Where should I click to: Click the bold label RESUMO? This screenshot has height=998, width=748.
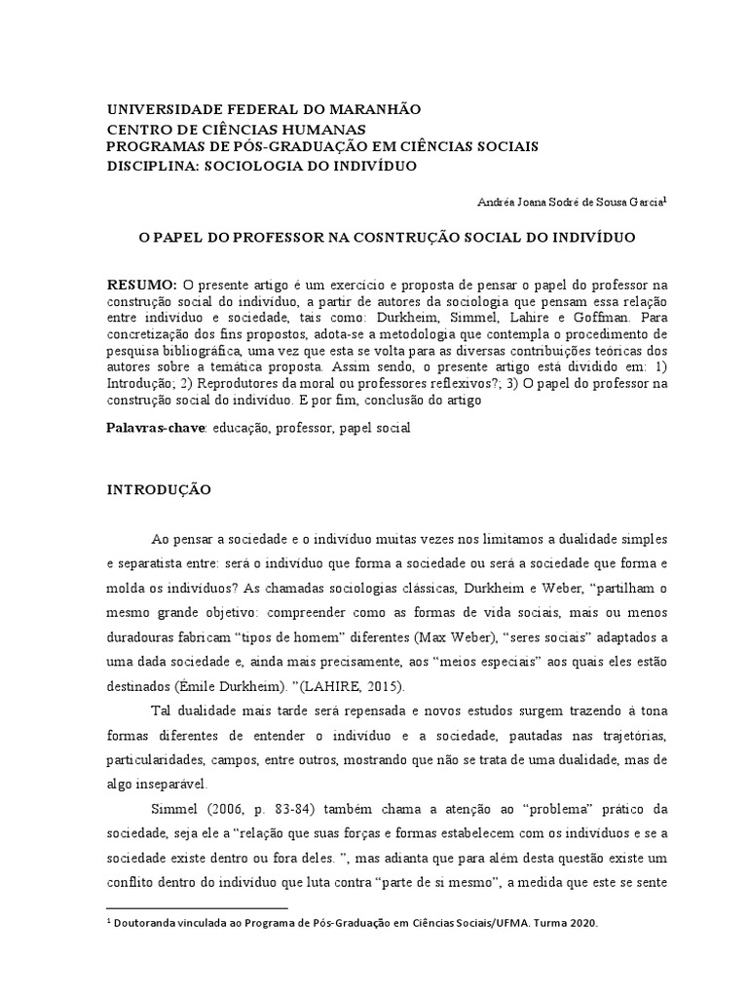[x=142, y=284]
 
